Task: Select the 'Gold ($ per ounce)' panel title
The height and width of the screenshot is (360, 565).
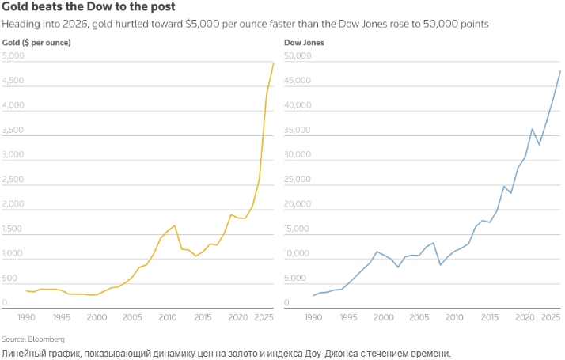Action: (37, 41)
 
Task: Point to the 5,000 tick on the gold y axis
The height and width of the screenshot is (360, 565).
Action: (13, 56)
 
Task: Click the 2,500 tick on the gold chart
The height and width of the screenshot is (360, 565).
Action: (13, 180)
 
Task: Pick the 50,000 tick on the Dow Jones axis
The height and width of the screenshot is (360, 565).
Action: (300, 56)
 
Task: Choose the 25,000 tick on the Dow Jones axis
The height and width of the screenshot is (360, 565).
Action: (300, 180)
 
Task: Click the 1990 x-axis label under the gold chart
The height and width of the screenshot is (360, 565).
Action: (27, 316)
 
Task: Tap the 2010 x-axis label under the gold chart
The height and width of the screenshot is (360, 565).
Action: (167, 316)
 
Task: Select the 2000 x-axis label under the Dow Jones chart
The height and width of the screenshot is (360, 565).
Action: (384, 316)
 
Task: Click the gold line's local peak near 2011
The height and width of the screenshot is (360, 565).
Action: (174, 225)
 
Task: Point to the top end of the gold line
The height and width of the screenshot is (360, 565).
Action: (274, 63)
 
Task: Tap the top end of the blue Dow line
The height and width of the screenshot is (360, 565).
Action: (560, 71)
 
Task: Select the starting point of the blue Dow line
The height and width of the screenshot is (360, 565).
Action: (313, 296)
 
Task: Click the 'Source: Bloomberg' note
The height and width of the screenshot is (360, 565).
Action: (33, 339)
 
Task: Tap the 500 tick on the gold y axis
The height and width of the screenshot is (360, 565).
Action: (10, 279)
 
